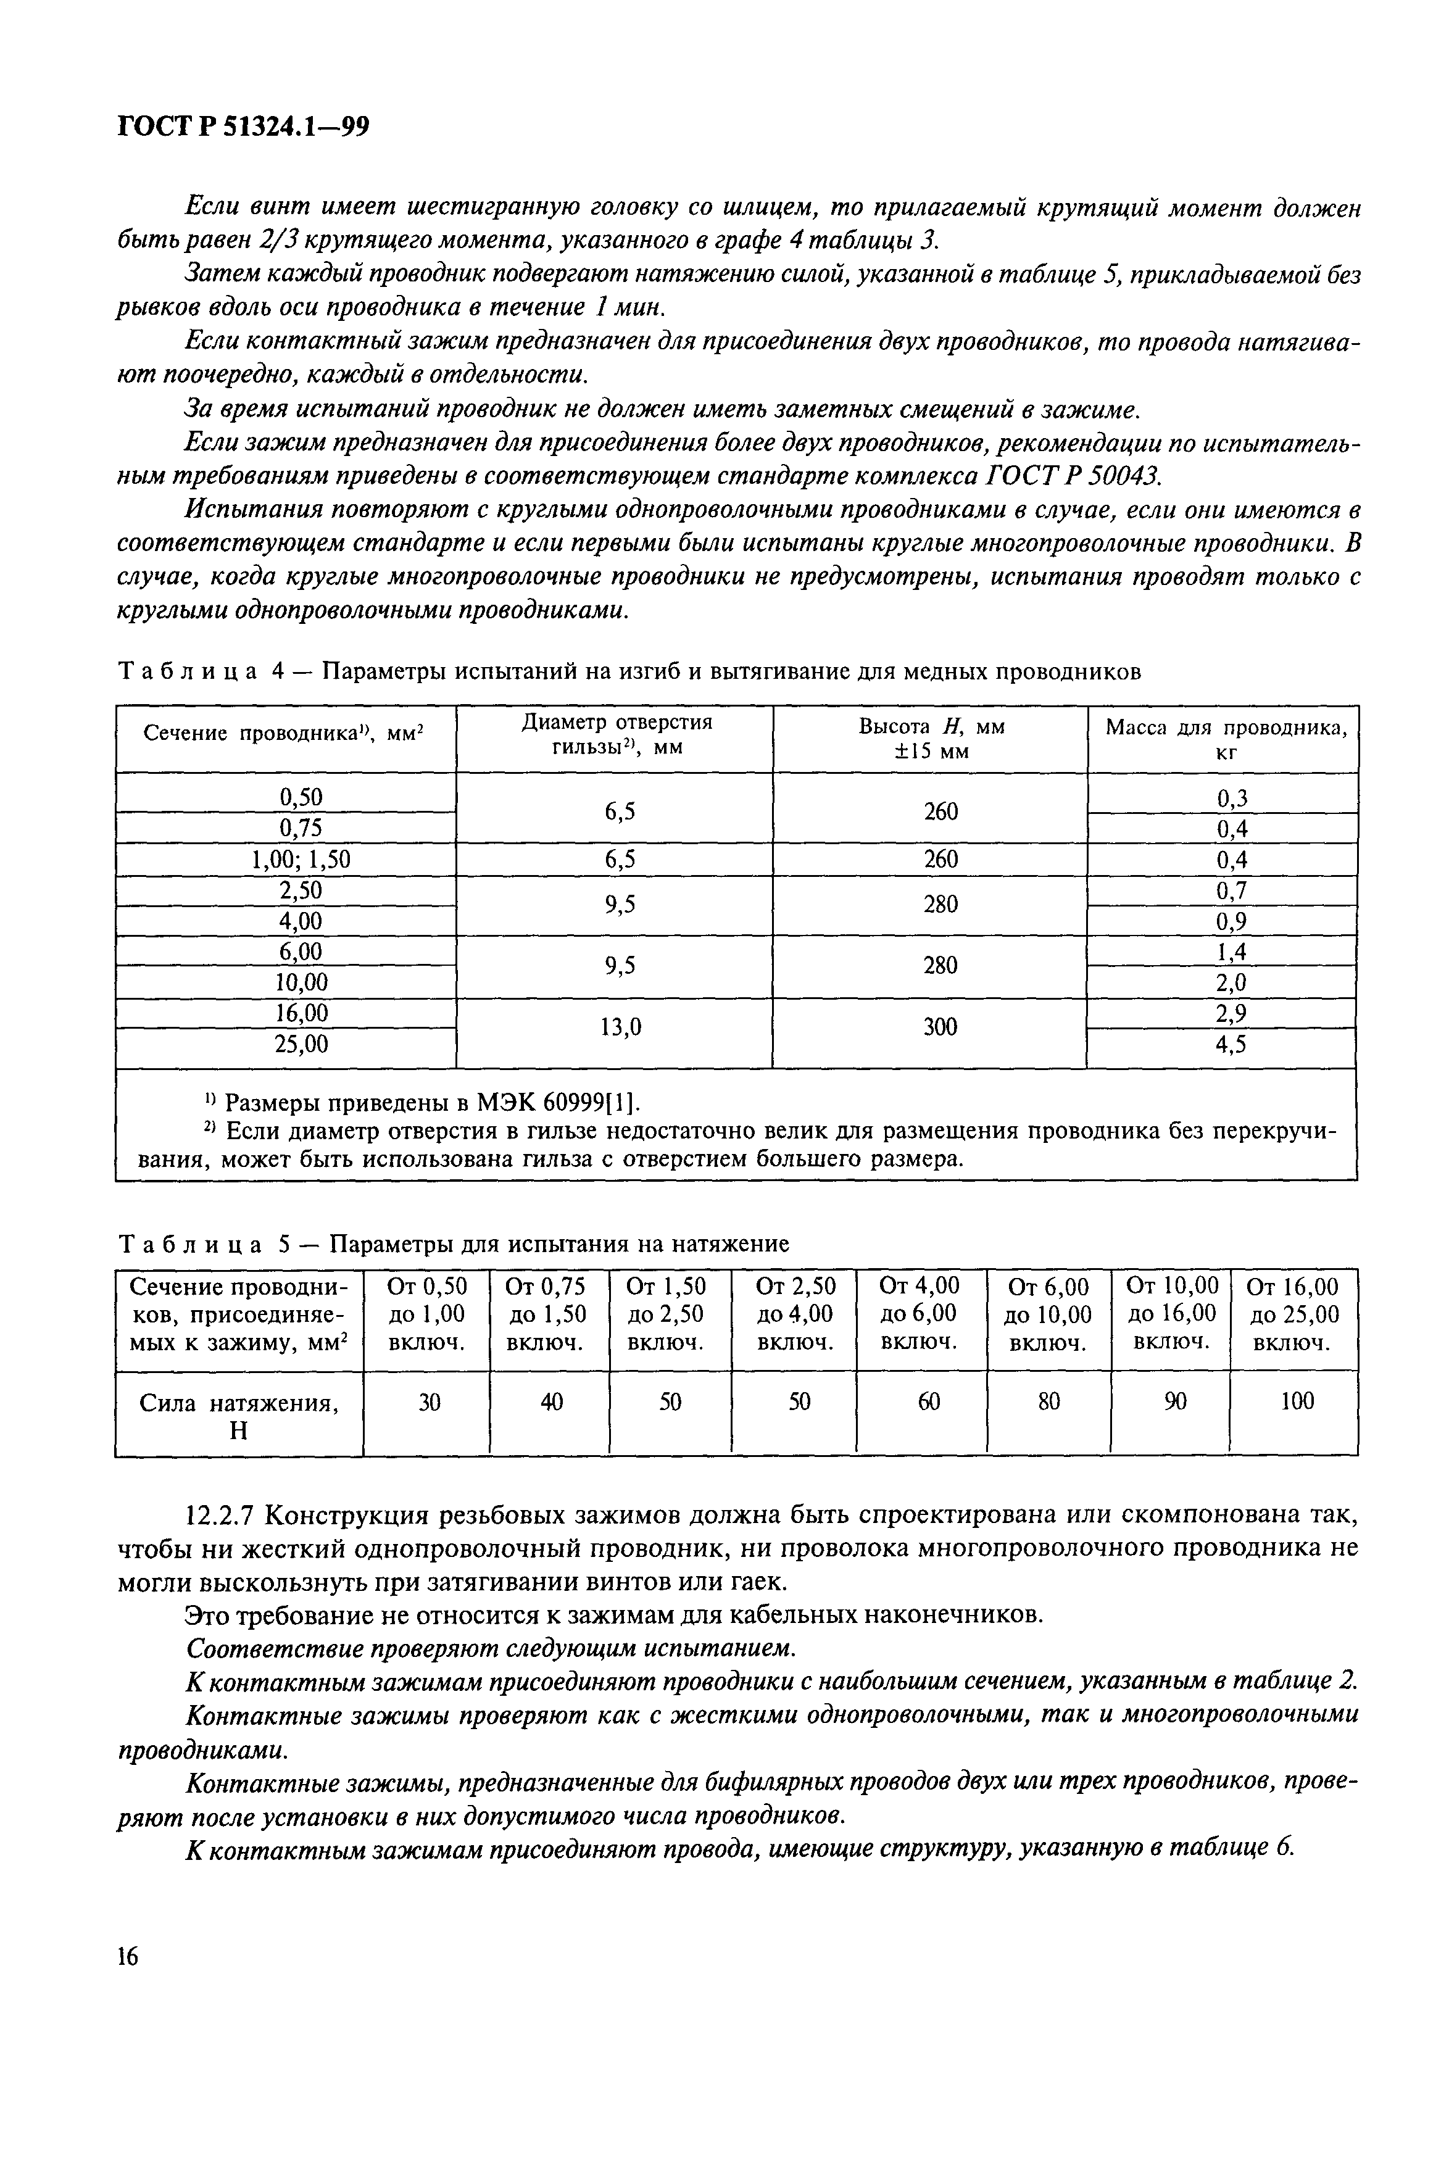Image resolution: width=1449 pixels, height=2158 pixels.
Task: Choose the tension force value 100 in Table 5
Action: click(x=1297, y=1401)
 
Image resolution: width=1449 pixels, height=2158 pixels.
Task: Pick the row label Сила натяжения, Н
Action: click(x=238, y=1416)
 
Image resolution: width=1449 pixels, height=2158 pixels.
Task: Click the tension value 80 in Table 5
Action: click(x=1049, y=1402)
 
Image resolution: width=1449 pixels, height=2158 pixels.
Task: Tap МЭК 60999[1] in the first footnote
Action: click(x=557, y=1102)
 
